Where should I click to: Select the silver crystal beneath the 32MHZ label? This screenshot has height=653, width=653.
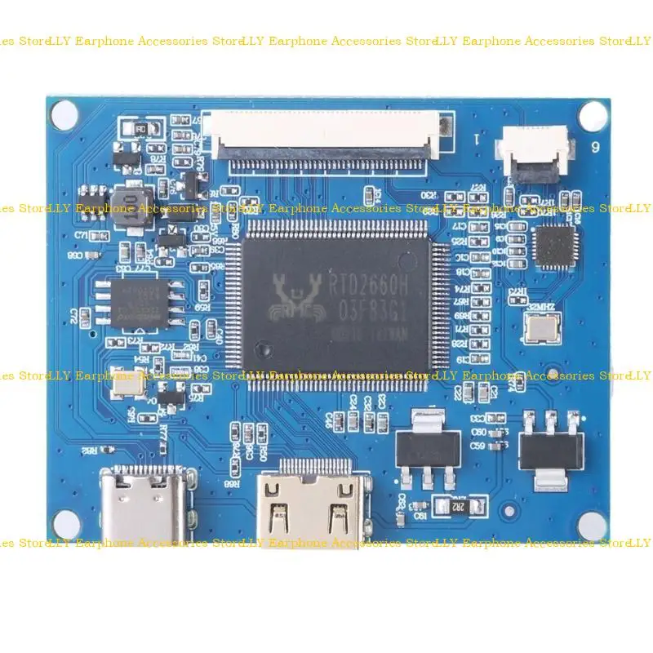(540, 327)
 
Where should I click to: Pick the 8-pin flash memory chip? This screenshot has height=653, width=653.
(136, 300)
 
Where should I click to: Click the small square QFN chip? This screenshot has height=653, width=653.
(554, 246)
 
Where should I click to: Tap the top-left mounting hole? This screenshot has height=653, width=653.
(63, 115)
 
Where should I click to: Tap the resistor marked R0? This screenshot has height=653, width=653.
(140, 129)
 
